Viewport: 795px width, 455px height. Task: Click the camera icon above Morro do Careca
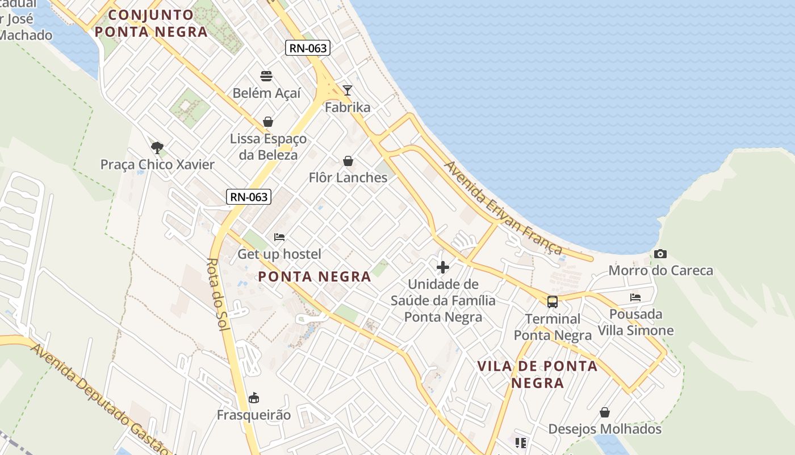coord(660,254)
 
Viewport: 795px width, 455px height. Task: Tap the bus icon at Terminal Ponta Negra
coord(553,302)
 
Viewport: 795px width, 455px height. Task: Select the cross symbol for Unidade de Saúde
coord(443,267)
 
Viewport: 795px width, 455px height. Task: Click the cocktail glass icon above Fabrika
coord(348,90)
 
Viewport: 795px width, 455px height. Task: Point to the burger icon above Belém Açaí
coord(266,76)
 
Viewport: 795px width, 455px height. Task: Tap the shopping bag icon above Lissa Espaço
coord(268,122)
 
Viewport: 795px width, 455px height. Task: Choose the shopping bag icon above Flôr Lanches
coord(348,162)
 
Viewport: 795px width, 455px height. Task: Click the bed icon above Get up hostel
coord(279,237)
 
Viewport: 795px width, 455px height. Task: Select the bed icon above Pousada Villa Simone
coord(635,297)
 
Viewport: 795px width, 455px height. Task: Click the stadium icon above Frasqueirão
coord(254,398)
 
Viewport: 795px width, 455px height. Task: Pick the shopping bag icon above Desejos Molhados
coord(605,412)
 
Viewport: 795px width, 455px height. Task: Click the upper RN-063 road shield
coord(308,48)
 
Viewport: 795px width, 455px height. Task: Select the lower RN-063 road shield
coord(249,197)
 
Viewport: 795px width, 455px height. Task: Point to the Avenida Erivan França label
coord(503,208)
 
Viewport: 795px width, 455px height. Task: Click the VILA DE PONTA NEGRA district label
coord(537,374)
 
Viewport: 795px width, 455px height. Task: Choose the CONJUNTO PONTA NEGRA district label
coord(150,23)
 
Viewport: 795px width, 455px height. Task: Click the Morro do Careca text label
coord(660,270)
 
